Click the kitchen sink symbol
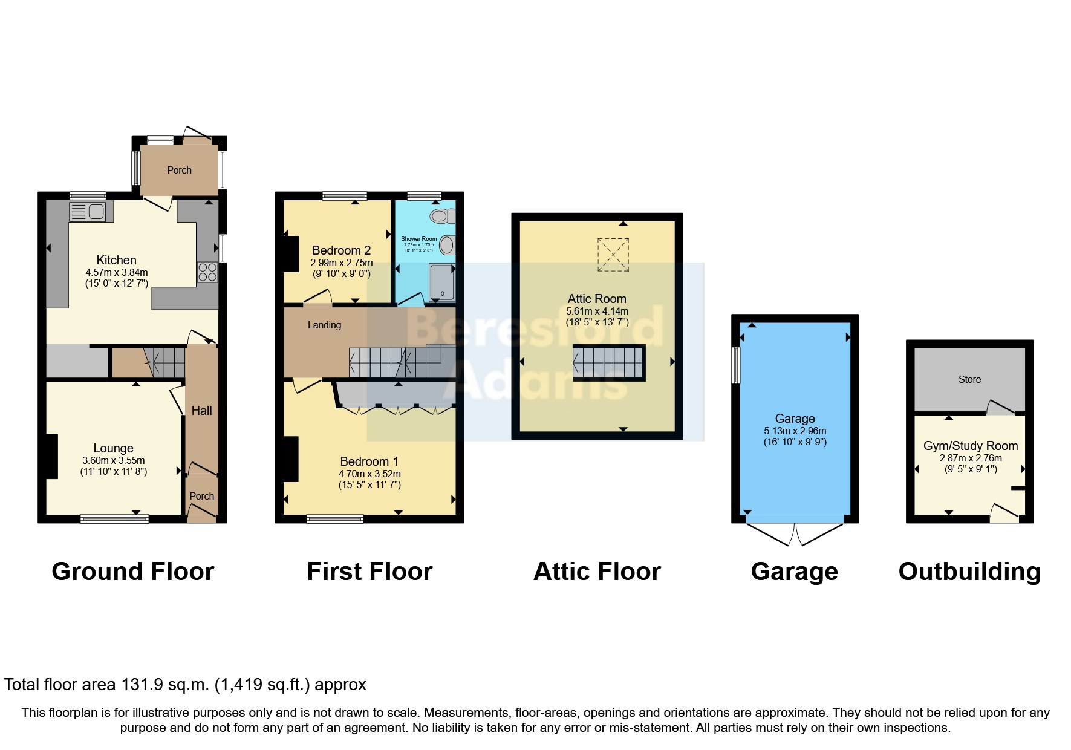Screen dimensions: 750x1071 [x=88, y=212]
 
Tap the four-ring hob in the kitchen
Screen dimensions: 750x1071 [x=207, y=272]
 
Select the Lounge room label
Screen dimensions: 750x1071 [x=113, y=448]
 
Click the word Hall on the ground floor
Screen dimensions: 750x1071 [x=201, y=411]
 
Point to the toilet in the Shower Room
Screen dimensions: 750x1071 [x=443, y=216]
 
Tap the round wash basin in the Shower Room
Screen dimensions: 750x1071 [x=447, y=245]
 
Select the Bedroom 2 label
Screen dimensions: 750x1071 [x=341, y=250]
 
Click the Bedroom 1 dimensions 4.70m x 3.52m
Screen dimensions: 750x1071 [x=369, y=474]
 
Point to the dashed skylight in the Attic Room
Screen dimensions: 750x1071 [x=613, y=255]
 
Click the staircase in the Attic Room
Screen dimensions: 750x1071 [x=608, y=363]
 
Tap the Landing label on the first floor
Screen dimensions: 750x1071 [x=324, y=325]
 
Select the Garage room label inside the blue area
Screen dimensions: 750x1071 [x=795, y=419]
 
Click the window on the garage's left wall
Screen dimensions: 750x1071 [x=736, y=365]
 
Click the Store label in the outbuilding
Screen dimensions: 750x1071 [x=969, y=380]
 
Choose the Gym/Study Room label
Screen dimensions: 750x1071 [x=970, y=446]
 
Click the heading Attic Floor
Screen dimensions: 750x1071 [x=597, y=572]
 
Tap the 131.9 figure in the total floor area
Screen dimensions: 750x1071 [x=143, y=685]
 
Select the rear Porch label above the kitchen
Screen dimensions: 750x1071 [x=179, y=171]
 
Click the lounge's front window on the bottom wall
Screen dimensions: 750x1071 [x=114, y=518]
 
